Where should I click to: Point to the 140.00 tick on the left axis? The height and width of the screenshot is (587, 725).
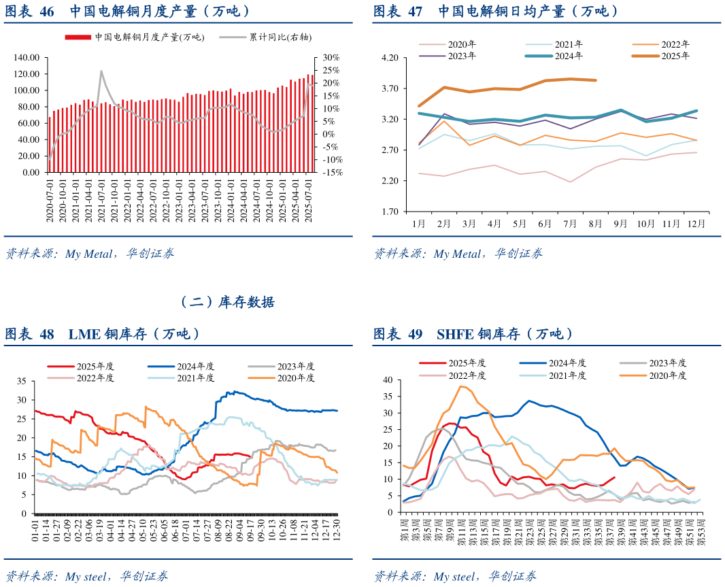pyautogui.click(x=27, y=57)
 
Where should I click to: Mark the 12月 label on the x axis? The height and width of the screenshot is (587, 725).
pyautogui.click(x=694, y=223)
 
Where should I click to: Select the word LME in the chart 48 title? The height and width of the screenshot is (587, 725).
pyautogui.click(x=84, y=334)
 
